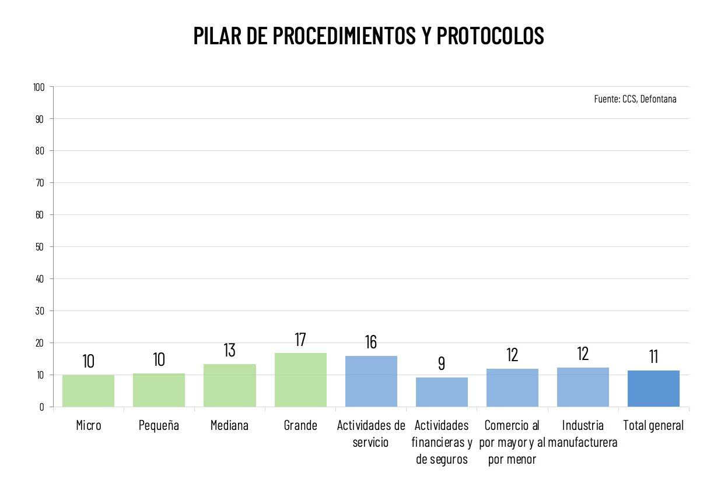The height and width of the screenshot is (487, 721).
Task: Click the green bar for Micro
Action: (x=88, y=391)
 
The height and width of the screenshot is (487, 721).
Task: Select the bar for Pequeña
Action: (x=159, y=390)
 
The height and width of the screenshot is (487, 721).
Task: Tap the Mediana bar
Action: (x=230, y=385)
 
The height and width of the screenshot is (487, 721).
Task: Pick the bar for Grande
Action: (x=300, y=380)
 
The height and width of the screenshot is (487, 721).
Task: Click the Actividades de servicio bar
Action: (x=371, y=381)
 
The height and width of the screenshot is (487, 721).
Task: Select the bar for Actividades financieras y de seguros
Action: (x=442, y=392)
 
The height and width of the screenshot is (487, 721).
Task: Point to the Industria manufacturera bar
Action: (x=583, y=387)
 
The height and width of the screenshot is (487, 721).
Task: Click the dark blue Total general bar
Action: (x=653, y=389)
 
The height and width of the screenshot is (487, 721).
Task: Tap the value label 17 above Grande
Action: (x=300, y=340)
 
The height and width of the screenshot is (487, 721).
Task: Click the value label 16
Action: (x=371, y=342)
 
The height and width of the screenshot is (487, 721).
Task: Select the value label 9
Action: (x=442, y=364)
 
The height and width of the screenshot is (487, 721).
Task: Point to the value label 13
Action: (x=230, y=350)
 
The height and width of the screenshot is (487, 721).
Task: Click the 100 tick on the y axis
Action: (x=39, y=87)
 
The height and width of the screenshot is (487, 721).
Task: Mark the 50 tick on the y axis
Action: (x=40, y=247)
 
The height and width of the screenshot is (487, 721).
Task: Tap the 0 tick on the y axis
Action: (x=42, y=407)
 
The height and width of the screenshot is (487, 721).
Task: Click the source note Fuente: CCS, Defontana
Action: (x=635, y=99)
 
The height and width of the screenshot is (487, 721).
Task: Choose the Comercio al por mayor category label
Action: (x=512, y=442)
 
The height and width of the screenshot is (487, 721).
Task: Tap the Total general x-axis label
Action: (x=653, y=425)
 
